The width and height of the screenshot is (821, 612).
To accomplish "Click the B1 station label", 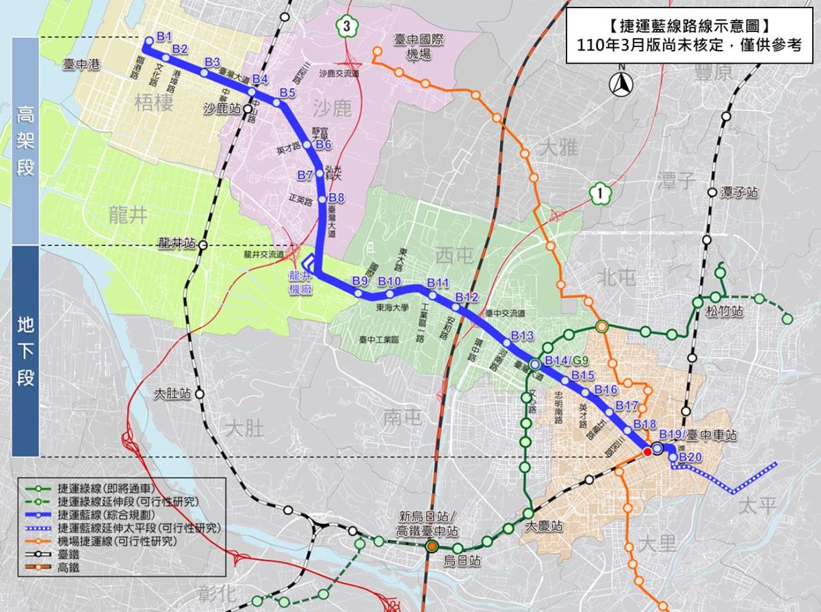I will (x=164, y=36).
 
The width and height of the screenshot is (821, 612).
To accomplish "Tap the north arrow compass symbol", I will (x=622, y=83).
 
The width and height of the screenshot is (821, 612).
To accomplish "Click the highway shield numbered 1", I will (x=600, y=194).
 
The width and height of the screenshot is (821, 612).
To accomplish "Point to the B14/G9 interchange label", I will (x=566, y=361).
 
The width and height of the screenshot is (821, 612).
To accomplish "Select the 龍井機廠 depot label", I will (x=300, y=282).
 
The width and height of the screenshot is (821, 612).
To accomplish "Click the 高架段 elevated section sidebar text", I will (x=25, y=140).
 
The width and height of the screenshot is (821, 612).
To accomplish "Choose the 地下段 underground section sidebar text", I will (x=25, y=351).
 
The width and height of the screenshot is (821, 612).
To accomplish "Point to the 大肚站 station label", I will (x=171, y=394).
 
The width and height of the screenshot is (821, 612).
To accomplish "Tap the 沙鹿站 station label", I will (x=222, y=108).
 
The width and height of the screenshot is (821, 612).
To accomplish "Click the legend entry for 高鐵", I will (x=69, y=567).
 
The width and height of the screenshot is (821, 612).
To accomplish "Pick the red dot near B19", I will (x=647, y=451).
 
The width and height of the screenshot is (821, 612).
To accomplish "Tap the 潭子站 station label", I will (x=740, y=193).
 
